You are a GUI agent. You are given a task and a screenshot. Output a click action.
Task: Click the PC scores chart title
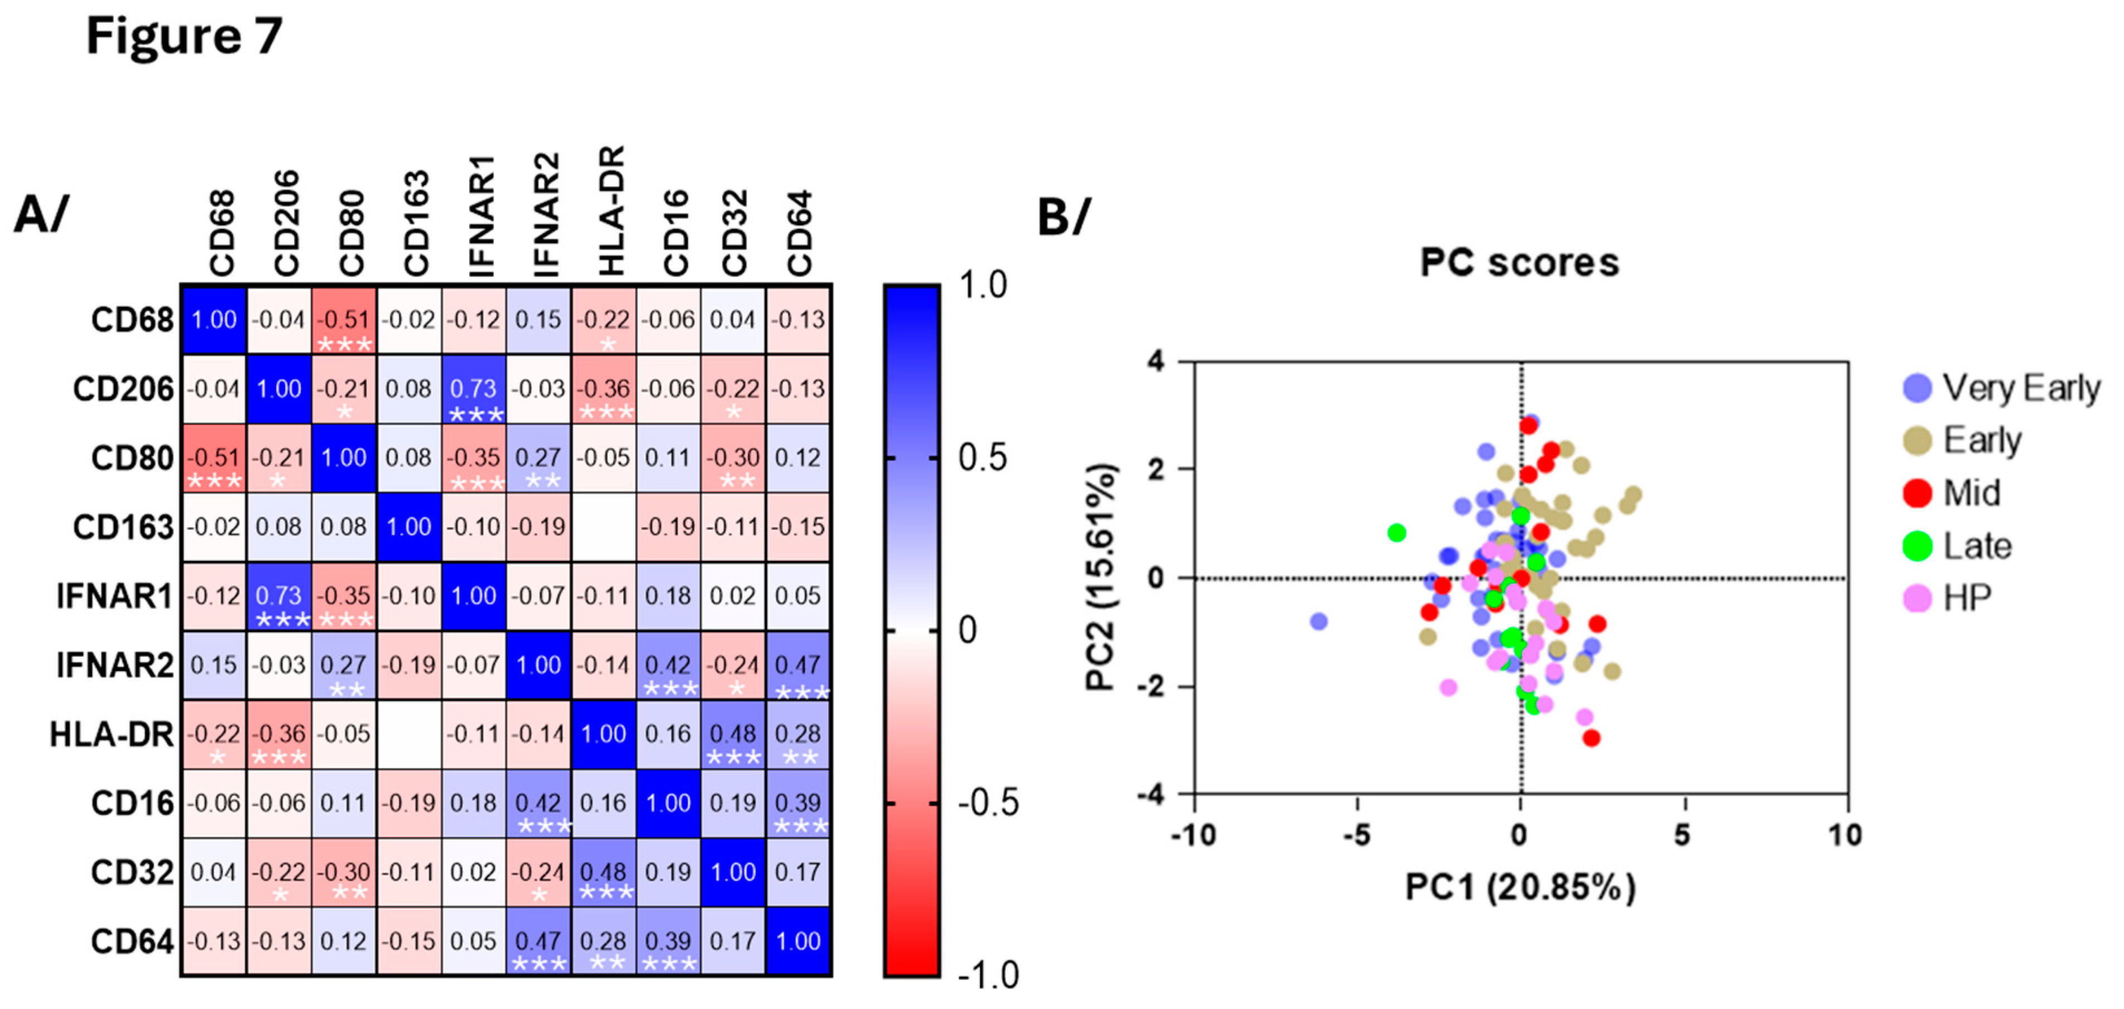coord(1519,262)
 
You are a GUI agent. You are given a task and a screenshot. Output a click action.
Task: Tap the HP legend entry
coord(1967,598)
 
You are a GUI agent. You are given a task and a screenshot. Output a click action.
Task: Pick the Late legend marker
coord(1917,545)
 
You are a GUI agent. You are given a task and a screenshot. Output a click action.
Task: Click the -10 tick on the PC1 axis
coord(1193,835)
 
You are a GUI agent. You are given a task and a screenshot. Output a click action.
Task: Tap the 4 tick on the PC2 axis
coord(1156,361)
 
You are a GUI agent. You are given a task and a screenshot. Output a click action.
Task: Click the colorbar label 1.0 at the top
coord(982,285)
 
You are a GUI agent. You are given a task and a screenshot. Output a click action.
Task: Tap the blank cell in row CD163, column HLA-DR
coord(604,528)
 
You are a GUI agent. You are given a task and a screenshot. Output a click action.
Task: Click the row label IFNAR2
coord(115,665)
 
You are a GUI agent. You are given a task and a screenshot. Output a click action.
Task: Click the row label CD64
coord(132,942)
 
